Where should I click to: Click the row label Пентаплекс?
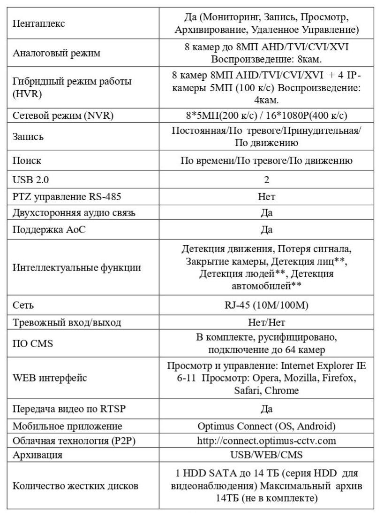pyautogui.click(x=38, y=23)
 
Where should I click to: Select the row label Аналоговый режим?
pyautogui.click(x=56, y=53)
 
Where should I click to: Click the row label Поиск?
pyautogui.click(x=27, y=161)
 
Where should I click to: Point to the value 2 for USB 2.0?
pyautogui.click(x=266, y=179)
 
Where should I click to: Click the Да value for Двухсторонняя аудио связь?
pyautogui.click(x=266, y=213)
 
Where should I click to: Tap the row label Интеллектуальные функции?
pyautogui.click(x=76, y=268)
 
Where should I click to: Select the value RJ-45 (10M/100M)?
pyautogui.click(x=266, y=305)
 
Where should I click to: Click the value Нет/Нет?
pyautogui.click(x=266, y=322)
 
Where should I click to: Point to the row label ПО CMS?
pyautogui.click(x=32, y=344)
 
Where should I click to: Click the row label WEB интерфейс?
pyautogui.click(x=49, y=378)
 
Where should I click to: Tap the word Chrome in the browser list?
pyautogui.click(x=284, y=390)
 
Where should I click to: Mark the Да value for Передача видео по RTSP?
pyautogui.click(x=266, y=409)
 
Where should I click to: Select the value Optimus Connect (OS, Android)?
pyautogui.click(x=266, y=427)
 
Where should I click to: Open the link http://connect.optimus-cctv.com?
pyautogui.click(x=266, y=441)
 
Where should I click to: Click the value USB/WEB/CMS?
pyautogui.click(x=266, y=455)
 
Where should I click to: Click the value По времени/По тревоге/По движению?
pyautogui.click(x=266, y=161)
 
